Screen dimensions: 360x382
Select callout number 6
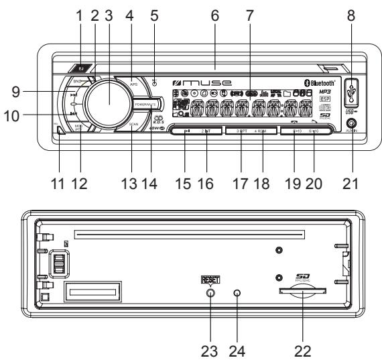coord(214,15)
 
